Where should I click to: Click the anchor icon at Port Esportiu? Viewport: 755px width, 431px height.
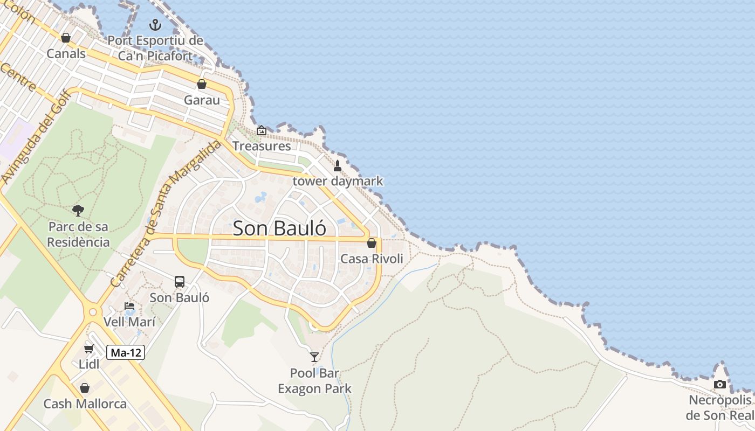point(155,25)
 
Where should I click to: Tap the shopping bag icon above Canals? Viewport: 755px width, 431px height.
point(66,38)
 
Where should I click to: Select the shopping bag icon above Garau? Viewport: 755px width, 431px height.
point(202,84)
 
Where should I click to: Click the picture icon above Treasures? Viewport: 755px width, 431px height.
point(262,130)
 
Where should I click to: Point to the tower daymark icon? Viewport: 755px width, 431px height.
point(338,165)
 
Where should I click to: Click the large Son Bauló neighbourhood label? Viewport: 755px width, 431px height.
point(279,228)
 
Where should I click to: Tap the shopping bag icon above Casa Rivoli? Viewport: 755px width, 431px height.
point(372,243)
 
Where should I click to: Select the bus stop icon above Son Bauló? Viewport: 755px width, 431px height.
point(180,282)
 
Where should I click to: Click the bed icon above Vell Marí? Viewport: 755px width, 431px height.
point(129,307)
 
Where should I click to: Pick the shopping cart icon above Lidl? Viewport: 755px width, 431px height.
point(89,349)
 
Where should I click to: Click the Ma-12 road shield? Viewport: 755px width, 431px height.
point(126,353)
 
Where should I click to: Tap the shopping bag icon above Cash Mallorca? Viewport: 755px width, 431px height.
point(85,388)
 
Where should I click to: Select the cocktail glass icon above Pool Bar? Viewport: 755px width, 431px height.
point(314,357)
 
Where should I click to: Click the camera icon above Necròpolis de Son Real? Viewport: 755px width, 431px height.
point(720,384)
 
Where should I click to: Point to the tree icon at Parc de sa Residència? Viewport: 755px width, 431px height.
point(78,210)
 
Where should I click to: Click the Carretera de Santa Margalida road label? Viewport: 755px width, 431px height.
point(167,213)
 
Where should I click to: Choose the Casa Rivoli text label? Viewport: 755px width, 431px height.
point(372,259)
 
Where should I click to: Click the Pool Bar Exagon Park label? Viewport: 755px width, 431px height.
point(314,380)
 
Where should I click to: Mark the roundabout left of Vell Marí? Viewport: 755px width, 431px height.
point(93,311)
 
